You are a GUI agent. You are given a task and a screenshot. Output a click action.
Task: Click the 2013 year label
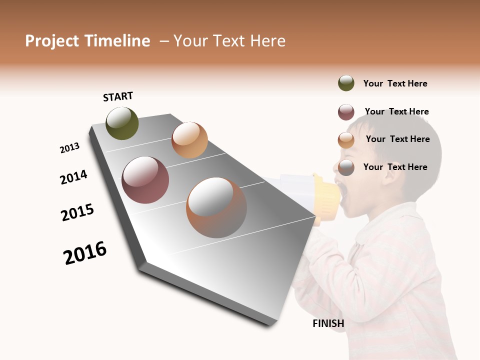point(69,148)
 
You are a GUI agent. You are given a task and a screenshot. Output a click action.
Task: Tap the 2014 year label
point(73,177)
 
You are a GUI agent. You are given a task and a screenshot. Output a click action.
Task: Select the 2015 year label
point(77,212)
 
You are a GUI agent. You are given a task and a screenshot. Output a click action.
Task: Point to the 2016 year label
point(85,253)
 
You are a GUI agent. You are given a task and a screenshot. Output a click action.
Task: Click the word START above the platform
point(118,96)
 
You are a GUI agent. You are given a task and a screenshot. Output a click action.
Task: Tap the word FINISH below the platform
point(328,323)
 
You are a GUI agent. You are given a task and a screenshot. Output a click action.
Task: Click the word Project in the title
point(52,41)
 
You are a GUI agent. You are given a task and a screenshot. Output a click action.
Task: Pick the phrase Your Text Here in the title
point(229,41)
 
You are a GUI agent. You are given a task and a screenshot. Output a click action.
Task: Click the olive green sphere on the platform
point(122,123)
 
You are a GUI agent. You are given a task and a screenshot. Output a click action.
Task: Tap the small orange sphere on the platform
point(189,140)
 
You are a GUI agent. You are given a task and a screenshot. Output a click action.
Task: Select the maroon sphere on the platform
point(145,180)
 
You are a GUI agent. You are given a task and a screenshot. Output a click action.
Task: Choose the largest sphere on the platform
point(216,207)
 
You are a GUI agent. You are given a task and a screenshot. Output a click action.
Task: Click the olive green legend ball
point(346,83)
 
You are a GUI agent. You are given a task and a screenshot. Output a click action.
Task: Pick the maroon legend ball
point(346,112)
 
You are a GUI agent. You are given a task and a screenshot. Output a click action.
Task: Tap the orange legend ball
point(346,140)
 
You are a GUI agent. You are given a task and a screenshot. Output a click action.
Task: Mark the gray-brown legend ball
point(346,167)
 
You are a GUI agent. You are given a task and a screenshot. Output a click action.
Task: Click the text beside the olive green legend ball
point(395,83)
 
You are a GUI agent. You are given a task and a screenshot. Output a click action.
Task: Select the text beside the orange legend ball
point(397,139)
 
